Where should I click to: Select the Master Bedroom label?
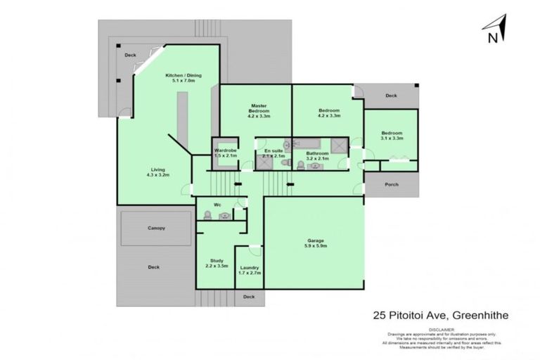coord(257,108)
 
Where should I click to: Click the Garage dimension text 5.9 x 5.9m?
coord(315,245)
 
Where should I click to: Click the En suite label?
coord(274,150)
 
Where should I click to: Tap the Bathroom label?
coord(317,153)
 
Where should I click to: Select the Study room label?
coord(217,260)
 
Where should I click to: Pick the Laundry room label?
coord(249,267)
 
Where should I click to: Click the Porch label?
coord(391,185)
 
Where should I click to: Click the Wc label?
coord(217,205)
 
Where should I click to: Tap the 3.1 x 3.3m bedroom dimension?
coord(392,139)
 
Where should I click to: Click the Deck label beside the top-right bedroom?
coord(390,96)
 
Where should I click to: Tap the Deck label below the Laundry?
coord(248,297)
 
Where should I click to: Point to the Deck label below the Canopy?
coord(154,267)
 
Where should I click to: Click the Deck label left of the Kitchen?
coord(130,55)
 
